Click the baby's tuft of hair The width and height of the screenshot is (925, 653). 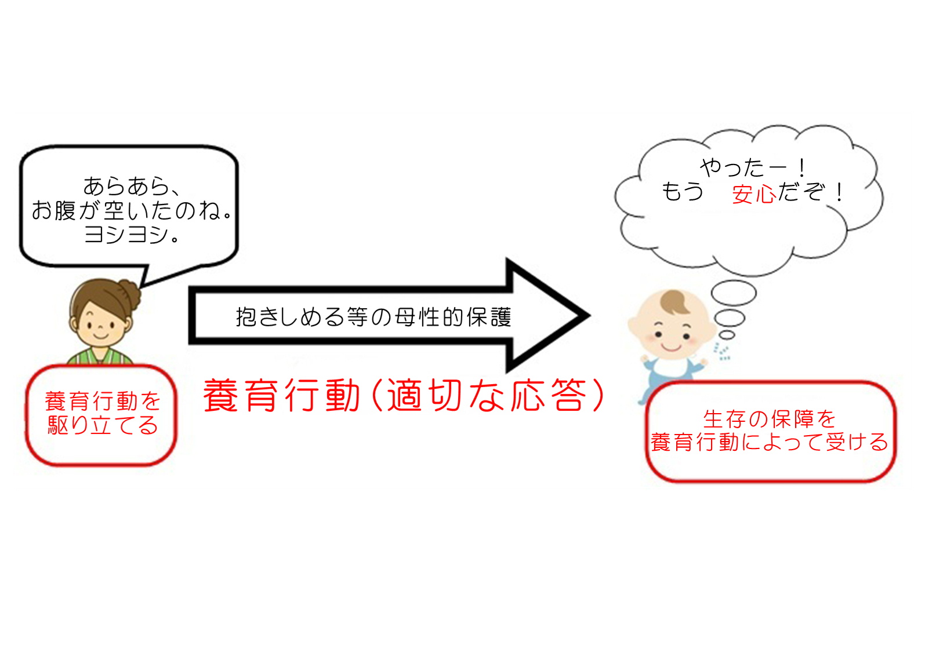coord(674,302)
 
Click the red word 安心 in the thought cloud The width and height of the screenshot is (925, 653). coord(753,194)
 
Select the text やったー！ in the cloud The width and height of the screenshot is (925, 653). coord(752,168)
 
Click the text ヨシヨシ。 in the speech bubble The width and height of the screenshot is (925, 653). coord(131,234)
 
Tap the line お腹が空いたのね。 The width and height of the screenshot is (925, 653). coord(131,210)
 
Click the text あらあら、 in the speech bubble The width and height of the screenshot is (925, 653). coord(131,186)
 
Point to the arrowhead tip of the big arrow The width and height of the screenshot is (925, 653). coord(590,316)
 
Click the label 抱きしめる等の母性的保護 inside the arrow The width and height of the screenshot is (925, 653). coord(373,317)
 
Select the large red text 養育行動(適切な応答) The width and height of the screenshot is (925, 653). coord(404,395)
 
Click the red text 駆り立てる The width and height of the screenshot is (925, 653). coord(103,425)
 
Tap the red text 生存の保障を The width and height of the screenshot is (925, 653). coord(770,419)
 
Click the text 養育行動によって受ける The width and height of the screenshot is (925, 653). coord(770,442)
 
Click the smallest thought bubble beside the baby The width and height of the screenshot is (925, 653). coord(727,335)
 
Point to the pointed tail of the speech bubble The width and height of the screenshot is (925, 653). coord(142,286)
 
